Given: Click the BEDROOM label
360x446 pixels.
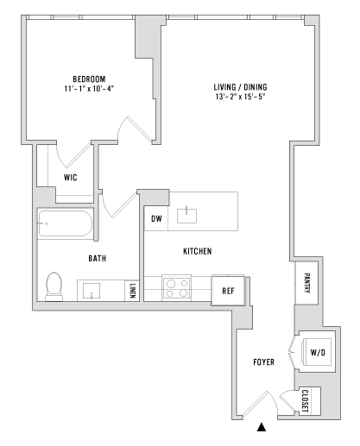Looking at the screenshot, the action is click(89, 79).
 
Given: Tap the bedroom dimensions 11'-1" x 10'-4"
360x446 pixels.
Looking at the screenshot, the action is click(89, 88).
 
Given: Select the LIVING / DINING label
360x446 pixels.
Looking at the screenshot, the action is click(240, 87).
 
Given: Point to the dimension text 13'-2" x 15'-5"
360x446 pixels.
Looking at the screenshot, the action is click(240, 97).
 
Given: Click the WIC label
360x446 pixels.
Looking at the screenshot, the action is click(71, 178).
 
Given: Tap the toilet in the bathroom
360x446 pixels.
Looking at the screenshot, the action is click(54, 286).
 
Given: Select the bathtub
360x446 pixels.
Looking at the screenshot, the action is click(65, 223).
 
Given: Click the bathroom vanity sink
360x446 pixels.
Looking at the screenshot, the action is click(92, 291).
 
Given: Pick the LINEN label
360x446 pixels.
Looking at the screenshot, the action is click(132, 291).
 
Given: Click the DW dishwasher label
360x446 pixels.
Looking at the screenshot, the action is click(156, 218).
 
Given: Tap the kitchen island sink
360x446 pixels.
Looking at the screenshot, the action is click(186, 216).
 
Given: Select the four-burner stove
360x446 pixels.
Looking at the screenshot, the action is click(177, 288).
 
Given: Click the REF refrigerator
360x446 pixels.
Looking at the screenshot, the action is click(228, 291).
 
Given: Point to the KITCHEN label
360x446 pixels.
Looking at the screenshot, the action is click(198, 251).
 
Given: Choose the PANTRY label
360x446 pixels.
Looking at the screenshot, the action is click(306, 283).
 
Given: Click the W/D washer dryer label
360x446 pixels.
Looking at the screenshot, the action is click(318, 352).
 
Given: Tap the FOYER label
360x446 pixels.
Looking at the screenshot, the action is click(263, 362).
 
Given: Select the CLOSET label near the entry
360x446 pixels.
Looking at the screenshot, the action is click(305, 401).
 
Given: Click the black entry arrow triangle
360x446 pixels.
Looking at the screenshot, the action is click(262, 427).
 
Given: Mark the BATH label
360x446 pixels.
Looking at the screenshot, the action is click(98, 258).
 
